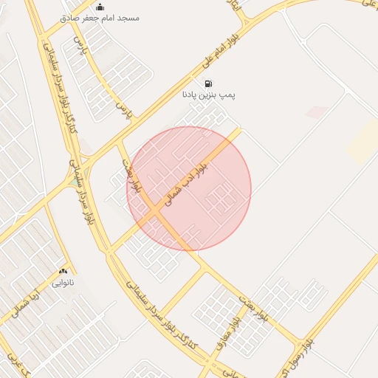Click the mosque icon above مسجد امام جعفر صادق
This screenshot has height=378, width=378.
[x=100, y=7]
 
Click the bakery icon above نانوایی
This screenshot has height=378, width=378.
[x=63, y=272]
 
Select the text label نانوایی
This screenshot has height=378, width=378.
[x=63, y=283]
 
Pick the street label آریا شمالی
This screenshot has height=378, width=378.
[x=22, y=299]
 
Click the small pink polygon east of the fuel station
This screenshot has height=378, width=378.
[x=317, y=112]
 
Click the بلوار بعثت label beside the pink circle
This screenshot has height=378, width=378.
[x=133, y=178]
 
